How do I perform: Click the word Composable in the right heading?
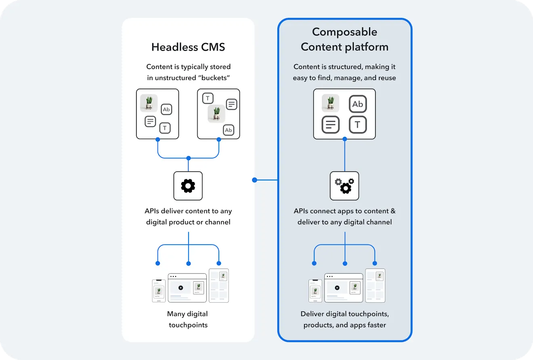tap(344, 32)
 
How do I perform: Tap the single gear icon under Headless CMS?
tap(188, 186)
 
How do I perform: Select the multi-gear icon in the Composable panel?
tap(344, 186)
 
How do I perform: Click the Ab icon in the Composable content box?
tap(357, 104)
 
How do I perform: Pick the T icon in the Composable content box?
tap(357, 125)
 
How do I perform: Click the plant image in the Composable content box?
tap(331, 103)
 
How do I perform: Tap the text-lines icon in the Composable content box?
tap(331, 125)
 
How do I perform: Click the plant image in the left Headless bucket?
tap(149, 103)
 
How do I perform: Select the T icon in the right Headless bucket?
tap(208, 98)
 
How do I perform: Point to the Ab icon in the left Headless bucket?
tap(166, 109)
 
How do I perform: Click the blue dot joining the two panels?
tap(254, 180)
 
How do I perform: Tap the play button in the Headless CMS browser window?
tap(180, 288)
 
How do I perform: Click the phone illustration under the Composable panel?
tap(315, 291)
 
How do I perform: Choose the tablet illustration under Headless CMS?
tap(218, 285)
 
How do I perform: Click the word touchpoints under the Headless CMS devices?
tap(188, 325)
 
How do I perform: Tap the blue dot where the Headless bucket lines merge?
tap(188, 158)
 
